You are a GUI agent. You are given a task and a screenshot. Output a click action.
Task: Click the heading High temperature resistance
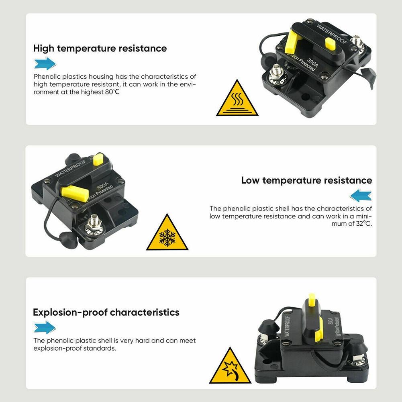[x=100, y=49]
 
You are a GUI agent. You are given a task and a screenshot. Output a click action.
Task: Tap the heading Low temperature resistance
[x=306, y=180]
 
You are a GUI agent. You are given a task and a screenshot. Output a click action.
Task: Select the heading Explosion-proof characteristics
[x=106, y=312]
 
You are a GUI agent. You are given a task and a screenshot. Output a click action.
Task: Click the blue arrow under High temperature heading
[x=45, y=63]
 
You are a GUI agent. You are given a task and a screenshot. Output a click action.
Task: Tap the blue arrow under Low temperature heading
[x=360, y=196]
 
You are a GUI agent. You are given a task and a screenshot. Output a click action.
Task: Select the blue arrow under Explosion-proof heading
[x=45, y=327]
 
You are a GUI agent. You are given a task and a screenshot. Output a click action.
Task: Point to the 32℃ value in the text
[x=363, y=224]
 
